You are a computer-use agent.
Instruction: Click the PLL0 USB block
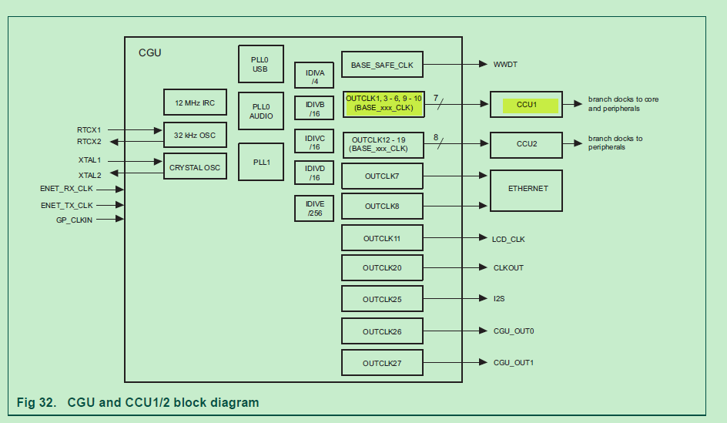[x=260, y=64]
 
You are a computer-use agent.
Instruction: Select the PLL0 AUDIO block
[x=260, y=111]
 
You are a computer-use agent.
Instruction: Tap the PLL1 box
[x=260, y=162]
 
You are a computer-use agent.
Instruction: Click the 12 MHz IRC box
[x=195, y=102]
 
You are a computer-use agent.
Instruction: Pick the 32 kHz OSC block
[x=195, y=135]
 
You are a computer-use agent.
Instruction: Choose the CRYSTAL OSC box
[x=195, y=166]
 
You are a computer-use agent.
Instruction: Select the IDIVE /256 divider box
[x=314, y=208]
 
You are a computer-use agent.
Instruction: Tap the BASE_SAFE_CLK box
[x=382, y=65]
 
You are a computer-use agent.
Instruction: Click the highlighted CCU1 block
[x=526, y=105]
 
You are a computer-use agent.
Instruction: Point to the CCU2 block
[x=526, y=143]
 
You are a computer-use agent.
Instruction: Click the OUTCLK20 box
[x=382, y=267]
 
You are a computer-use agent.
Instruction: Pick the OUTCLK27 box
[x=382, y=363]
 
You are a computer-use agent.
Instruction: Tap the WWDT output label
[x=505, y=65]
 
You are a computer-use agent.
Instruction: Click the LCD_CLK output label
[x=508, y=239]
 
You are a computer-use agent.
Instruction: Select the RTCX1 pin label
[x=89, y=130]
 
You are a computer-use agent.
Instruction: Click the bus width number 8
[x=436, y=137]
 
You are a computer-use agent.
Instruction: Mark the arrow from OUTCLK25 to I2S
[x=454, y=299]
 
